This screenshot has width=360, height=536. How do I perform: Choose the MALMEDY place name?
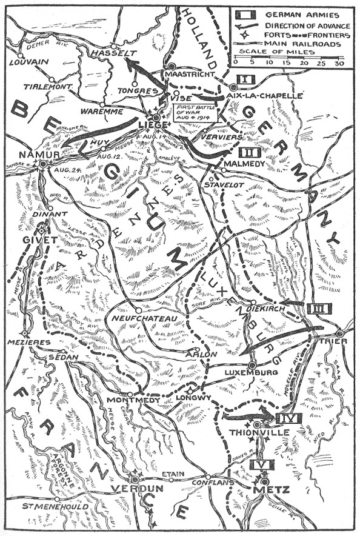click(242, 164)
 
